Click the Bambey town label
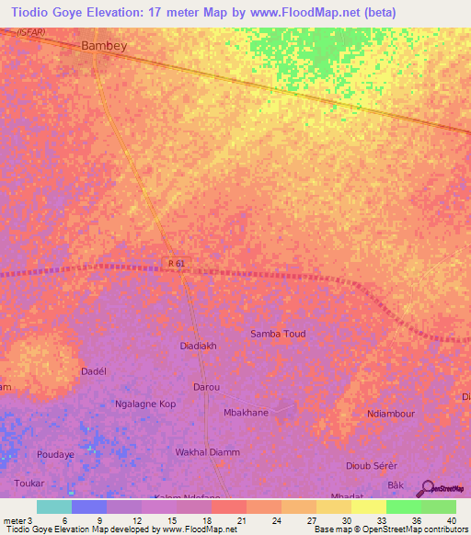point(104,44)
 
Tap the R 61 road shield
point(178,264)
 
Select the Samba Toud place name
point(278,334)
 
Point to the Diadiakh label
point(200,347)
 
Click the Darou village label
point(206,387)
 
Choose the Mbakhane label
point(247,413)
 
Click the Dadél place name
point(95,370)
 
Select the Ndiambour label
point(390,414)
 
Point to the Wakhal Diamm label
point(208,452)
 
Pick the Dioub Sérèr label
point(371,466)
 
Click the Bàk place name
point(396,484)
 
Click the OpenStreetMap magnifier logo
point(428,488)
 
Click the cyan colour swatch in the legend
point(53,507)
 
